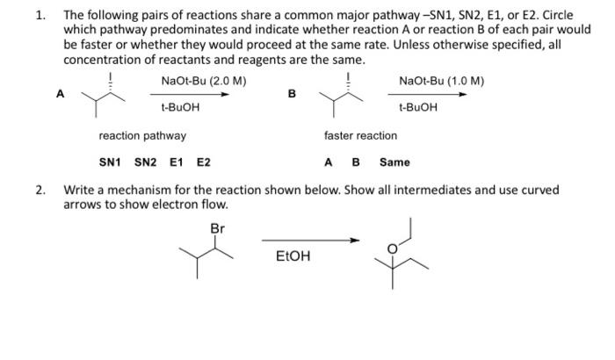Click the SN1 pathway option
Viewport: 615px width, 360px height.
tap(109, 162)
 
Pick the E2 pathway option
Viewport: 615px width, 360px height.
tap(203, 162)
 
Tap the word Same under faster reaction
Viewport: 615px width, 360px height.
tap(394, 162)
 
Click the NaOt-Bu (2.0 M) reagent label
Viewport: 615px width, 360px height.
tap(204, 82)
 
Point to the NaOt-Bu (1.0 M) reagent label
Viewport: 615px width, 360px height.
tap(441, 82)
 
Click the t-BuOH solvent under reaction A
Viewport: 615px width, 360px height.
tap(180, 108)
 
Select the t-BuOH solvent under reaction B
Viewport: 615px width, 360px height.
tap(417, 108)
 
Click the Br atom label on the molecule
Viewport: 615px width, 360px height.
tap(218, 228)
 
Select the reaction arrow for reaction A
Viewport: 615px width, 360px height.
tap(194, 96)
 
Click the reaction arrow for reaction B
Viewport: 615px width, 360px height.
tap(430, 96)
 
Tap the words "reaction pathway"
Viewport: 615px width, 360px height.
tap(142, 136)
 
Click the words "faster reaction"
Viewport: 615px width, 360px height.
tap(360, 136)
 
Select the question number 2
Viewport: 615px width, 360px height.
tap(40, 190)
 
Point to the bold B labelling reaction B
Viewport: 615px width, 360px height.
tap(293, 93)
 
